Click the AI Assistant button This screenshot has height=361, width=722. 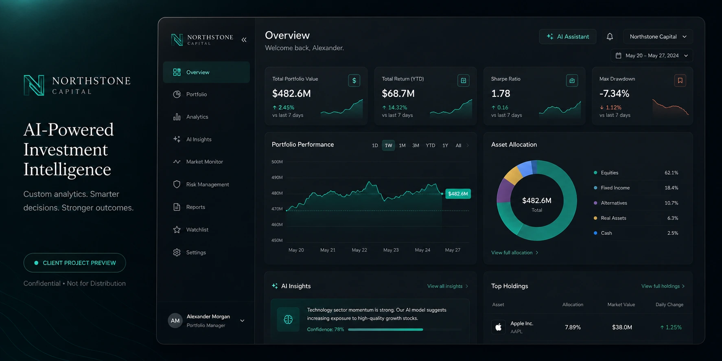567,37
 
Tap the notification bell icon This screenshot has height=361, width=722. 610,37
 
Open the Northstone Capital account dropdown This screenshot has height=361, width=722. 658,37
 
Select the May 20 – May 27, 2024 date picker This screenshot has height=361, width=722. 652,55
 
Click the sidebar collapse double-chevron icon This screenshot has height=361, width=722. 244,39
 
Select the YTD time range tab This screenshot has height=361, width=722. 430,145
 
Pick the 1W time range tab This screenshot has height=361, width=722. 389,145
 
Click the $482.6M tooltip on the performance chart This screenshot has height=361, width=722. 458,194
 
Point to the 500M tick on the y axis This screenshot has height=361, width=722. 277,162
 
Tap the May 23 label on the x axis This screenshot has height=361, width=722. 391,250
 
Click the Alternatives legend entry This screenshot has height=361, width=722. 614,203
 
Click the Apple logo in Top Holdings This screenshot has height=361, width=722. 499,327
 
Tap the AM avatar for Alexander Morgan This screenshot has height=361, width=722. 175,321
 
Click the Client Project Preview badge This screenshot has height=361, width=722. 74,263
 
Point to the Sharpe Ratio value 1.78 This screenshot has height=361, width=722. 501,94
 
